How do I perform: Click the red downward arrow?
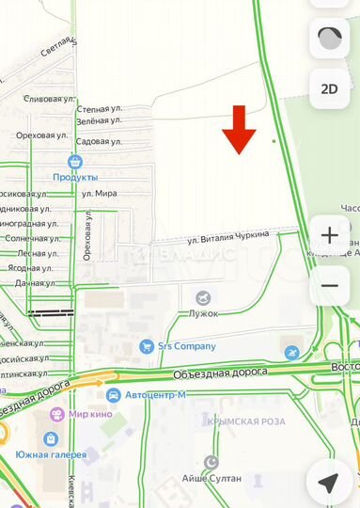(239, 131)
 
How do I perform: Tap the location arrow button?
(329, 483)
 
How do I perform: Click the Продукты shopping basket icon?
(76, 162)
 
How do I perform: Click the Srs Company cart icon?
(147, 346)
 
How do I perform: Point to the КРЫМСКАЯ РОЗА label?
(247, 421)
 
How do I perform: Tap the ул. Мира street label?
(99, 193)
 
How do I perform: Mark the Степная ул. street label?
(100, 109)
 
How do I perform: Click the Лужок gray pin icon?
(201, 297)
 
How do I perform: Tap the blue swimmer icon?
(292, 353)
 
